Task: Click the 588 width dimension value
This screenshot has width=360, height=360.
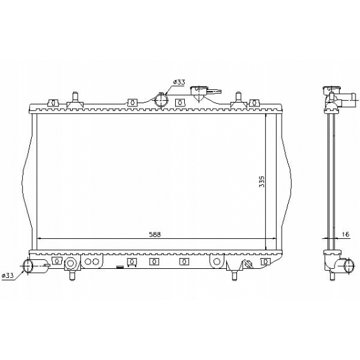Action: point(155,234)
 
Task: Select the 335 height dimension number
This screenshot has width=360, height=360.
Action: point(262,182)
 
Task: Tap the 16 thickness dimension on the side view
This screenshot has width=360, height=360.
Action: point(345,234)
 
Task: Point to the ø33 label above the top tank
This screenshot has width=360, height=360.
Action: point(179,82)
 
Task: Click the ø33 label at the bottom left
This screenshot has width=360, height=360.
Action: point(8,275)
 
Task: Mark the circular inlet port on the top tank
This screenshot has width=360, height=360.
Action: point(161,100)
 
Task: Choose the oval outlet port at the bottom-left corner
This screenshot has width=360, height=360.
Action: point(28,266)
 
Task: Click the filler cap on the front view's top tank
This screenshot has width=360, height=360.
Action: point(199,93)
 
